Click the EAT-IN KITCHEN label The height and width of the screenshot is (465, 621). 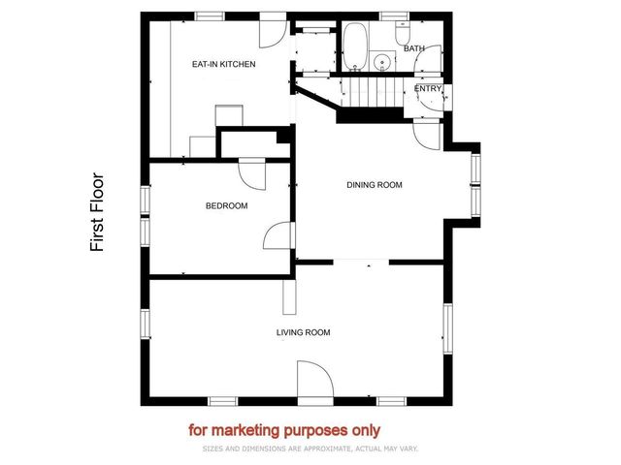coord(223,65)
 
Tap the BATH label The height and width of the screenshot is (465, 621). coord(414,48)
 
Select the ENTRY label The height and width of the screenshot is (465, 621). coord(428,89)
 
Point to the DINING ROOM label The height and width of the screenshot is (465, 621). coord(375,184)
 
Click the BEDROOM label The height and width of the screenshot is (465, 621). coord(226,205)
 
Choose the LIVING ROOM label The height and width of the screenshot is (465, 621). coord(304,332)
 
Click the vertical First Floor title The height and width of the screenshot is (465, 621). coord(97,213)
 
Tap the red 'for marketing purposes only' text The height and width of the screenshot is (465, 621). coord(284,430)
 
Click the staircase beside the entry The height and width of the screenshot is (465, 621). coord(369,94)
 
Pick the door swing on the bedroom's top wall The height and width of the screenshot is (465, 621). coord(252,173)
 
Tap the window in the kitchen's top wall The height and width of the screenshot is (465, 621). coord(209,15)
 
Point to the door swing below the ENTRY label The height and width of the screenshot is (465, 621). coord(428,135)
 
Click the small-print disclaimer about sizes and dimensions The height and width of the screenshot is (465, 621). coord(310,449)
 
